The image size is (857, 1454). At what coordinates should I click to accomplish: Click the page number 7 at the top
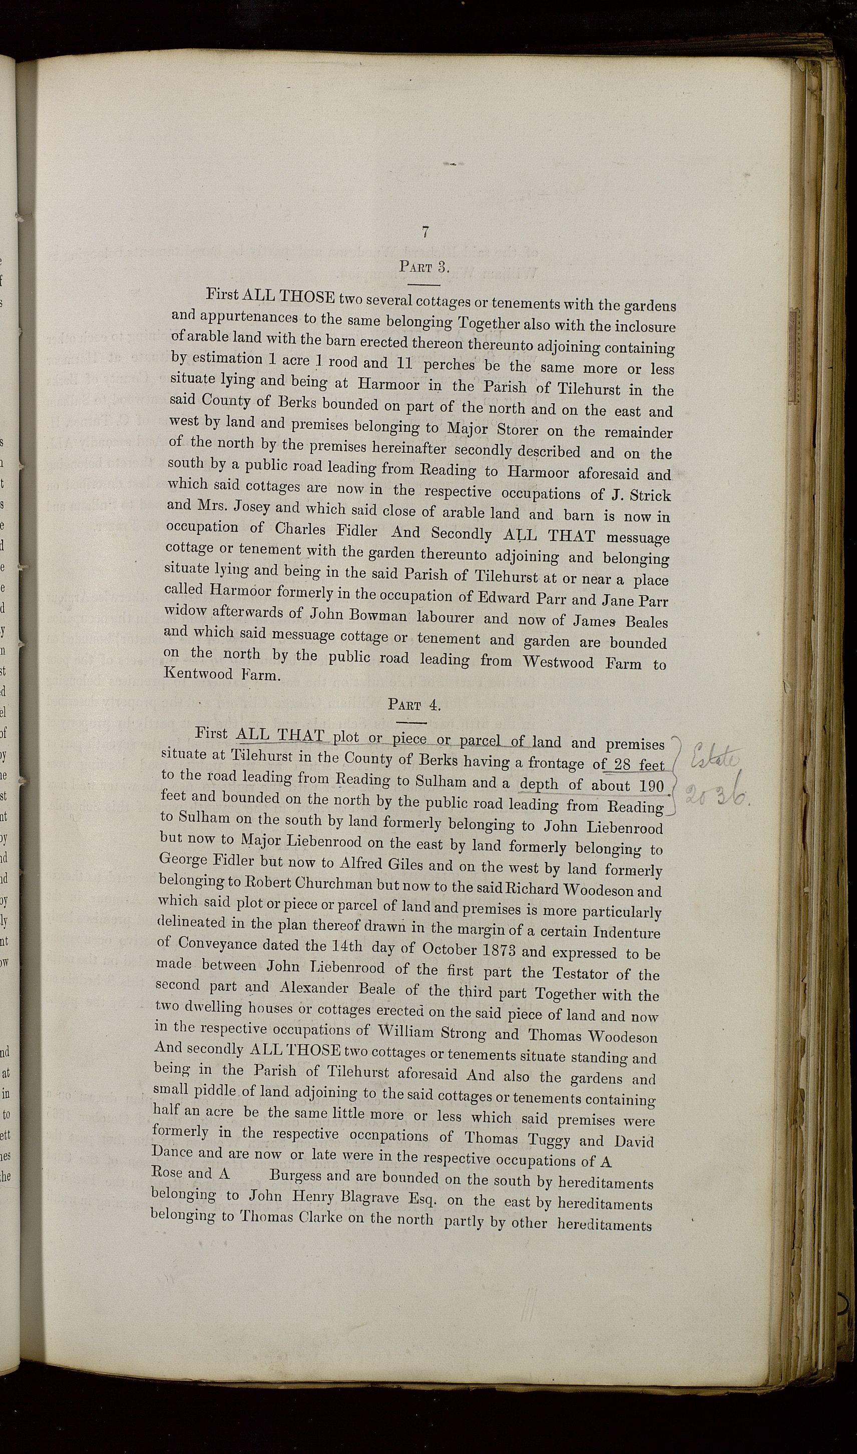click(x=425, y=232)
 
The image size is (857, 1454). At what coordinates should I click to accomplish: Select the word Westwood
click(x=559, y=662)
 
